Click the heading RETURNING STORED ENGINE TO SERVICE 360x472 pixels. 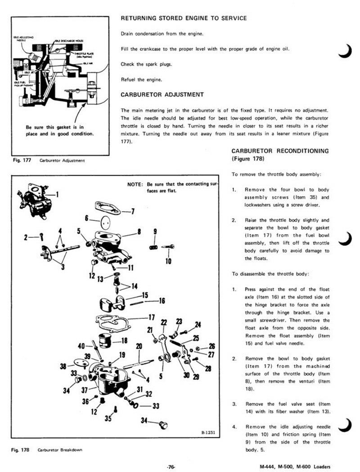point(184,18)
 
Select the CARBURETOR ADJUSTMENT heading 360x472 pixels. point(162,95)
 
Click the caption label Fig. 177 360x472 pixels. point(22,160)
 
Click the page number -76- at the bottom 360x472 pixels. point(170,467)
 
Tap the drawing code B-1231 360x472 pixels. point(210,433)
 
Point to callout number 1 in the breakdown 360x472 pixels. point(58,195)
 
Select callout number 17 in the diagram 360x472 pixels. point(151,317)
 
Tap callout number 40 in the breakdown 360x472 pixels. point(82,346)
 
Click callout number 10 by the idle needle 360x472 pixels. point(168,261)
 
